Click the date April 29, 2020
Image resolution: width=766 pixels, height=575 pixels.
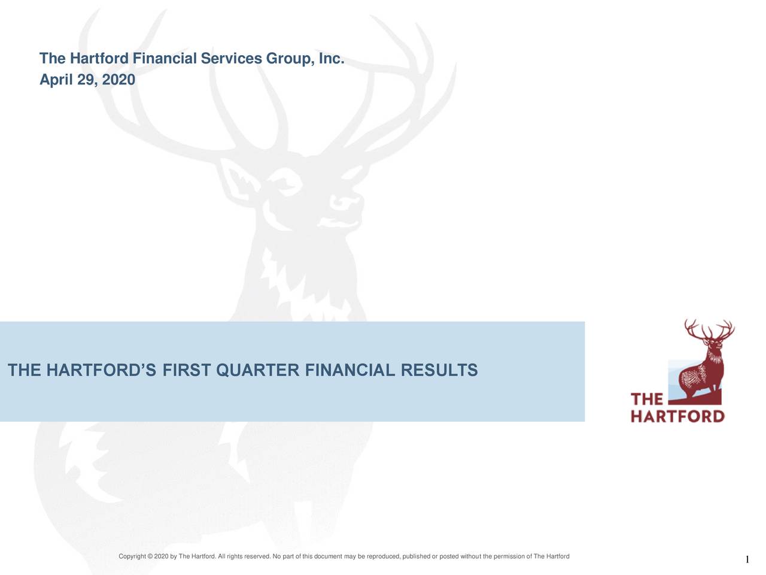[87, 80]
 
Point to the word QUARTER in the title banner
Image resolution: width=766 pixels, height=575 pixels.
[257, 371]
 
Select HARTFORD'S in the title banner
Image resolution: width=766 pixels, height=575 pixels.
[101, 371]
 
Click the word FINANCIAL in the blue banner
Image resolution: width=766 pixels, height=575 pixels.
[349, 371]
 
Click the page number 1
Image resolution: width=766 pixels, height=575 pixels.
[747, 560]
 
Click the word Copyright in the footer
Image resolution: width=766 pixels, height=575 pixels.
[132, 557]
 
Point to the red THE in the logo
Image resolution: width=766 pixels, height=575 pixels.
[647, 400]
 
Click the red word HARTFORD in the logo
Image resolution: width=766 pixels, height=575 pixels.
[677, 416]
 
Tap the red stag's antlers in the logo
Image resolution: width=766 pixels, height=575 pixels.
[710, 329]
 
